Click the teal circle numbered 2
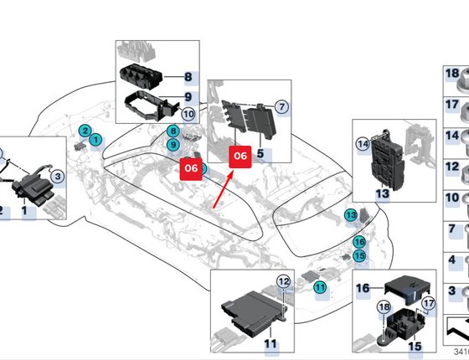coord(85,131)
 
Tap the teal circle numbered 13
coord(351,215)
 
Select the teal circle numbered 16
coord(359,242)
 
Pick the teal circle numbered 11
coord(320,288)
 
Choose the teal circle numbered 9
coord(173,145)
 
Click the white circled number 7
coord(281,107)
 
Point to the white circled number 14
coord(363,144)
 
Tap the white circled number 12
coord(284,281)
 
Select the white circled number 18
coord(384,307)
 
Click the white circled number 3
coord(58,177)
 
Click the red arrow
coord(223,190)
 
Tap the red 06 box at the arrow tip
coord(240,157)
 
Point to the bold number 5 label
coord(260,154)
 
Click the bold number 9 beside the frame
coord(188,97)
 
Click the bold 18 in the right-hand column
coord(452,74)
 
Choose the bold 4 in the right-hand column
coord(451,260)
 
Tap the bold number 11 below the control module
coord(271,344)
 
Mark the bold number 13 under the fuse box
coord(382,193)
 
